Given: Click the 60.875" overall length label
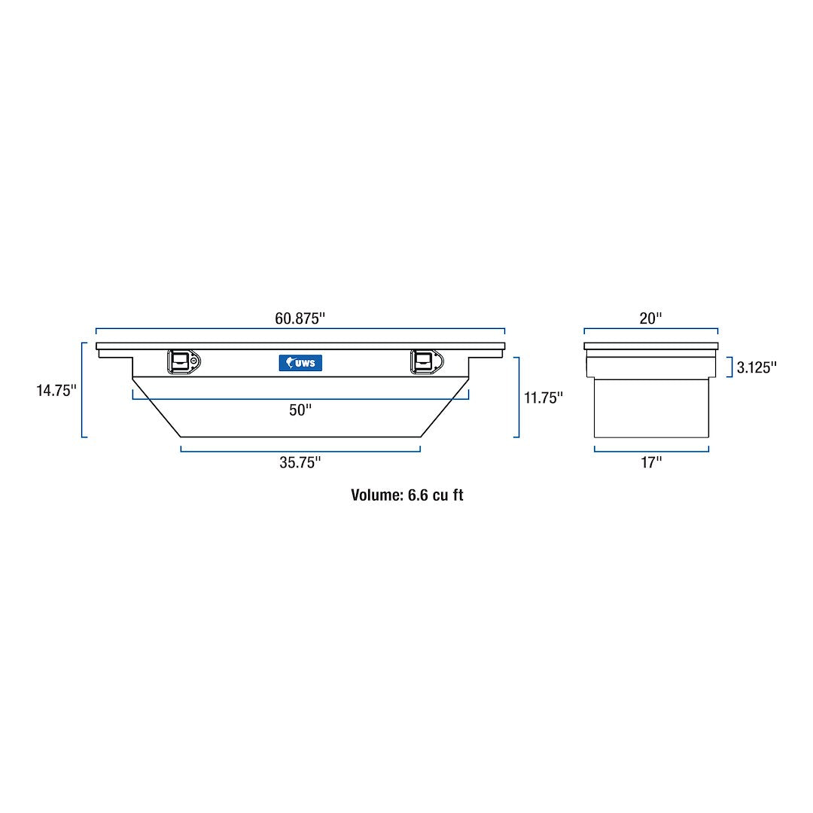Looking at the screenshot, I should pyautogui.click(x=300, y=318).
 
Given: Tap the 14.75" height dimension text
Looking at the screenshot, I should pyautogui.click(x=56, y=391).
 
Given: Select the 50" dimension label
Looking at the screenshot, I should pyautogui.click(x=300, y=410).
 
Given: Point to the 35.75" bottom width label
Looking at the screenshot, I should pyautogui.click(x=300, y=463).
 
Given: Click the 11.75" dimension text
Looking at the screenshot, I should pyautogui.click(x=544, y=397).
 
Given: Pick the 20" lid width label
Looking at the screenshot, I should pyautogui.click(x=650, y=318).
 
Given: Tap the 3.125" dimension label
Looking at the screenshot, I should pyautogui.click(x=757, y=367).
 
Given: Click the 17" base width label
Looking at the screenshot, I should pyautogui.click(x=651, y=463).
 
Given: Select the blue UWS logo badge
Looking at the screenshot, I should pyautogui.click(x=300, y=363).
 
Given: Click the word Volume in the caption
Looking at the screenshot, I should pyautogui.click(x=376, y=495).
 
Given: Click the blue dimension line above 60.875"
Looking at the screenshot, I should pyautogui.click(x=300, y=329).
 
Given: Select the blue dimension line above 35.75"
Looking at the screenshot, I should pyautogui.click(x=300, y=451).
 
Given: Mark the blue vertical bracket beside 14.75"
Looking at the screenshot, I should pyautogui.click(x=82, y=390).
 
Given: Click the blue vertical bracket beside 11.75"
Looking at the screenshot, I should pyautogui.click(x=518, y=397).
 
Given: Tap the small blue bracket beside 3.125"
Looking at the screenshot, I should pyautogui.click(x=731, y=367).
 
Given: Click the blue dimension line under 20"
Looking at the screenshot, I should pyautogui.click(x=651, y=329).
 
